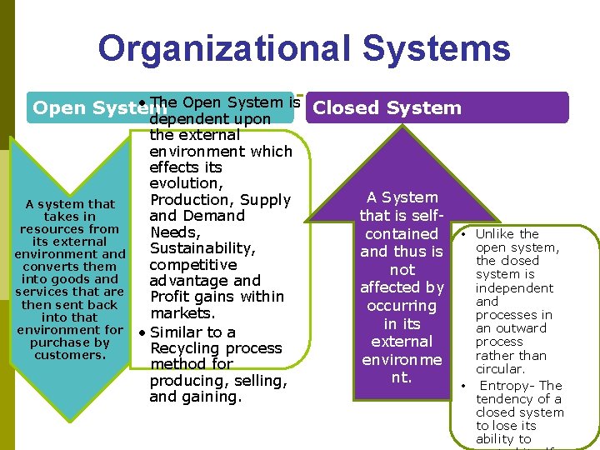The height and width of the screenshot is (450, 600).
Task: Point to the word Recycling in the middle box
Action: click(187, 348)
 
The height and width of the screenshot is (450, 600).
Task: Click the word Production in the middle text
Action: click(191, 200)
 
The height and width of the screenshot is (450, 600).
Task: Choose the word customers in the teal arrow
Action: click(70, 355)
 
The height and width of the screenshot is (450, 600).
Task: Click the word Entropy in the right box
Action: click(505, 386)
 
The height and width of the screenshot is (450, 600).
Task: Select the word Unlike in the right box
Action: click(495, 234)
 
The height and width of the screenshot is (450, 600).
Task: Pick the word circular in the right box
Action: click(500, 368)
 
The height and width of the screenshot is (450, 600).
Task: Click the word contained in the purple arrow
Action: click(402, 234)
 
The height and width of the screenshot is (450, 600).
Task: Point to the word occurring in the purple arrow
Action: click(402, 306)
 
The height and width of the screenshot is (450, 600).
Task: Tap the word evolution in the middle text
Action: click(185, 183)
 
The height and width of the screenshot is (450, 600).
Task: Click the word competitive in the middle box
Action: click(191, 265)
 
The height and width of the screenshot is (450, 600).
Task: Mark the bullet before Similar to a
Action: click(143, 332)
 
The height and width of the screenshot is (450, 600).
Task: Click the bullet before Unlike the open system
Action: click(462, 234)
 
